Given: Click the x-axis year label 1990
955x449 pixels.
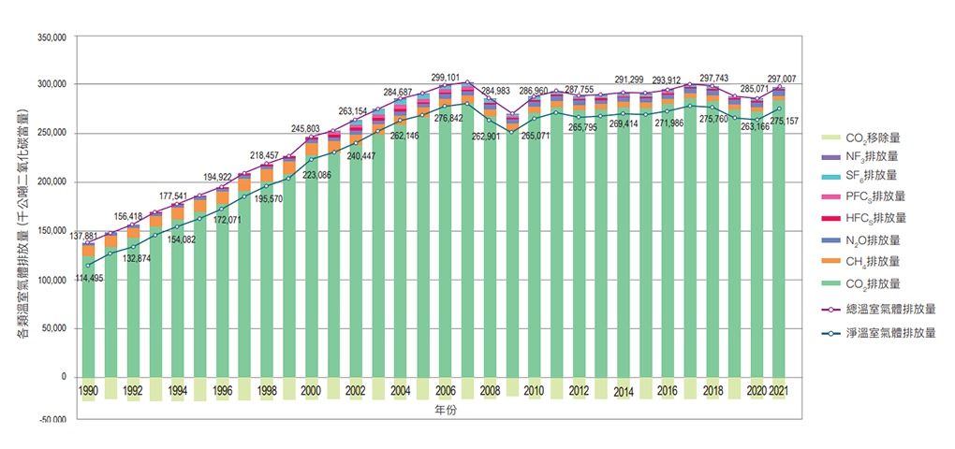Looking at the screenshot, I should tap(89, 390).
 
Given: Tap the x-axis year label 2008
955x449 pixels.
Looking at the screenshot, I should tap(489, 390).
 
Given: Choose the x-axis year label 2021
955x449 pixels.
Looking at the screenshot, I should tap(777, 390).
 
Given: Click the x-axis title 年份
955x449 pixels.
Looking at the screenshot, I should tap(446, 411).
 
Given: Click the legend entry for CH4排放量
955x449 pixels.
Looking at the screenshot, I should tap(870, 261).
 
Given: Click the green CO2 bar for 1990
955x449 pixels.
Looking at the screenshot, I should tap(89, 318).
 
